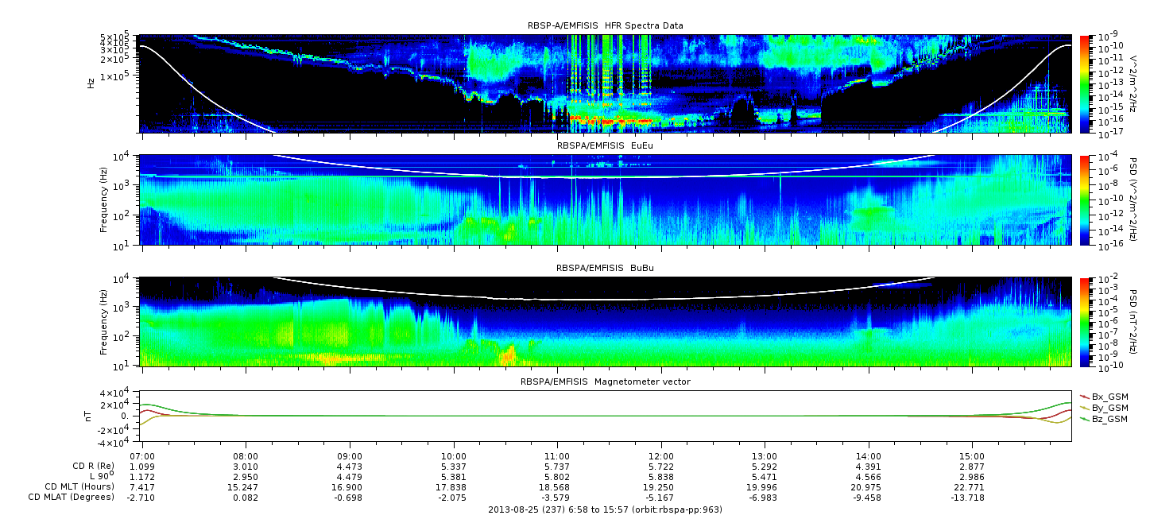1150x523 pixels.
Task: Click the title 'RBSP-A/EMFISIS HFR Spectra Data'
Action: click(606, 25)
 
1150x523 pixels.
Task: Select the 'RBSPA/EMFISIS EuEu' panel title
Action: click(605, 145)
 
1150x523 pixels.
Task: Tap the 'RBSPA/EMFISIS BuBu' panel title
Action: click(605, 268)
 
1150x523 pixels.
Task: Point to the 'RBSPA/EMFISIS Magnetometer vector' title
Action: click(606, 382)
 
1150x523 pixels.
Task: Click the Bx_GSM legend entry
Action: click(1105, 397)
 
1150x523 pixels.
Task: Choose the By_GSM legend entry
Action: click(1105, 408)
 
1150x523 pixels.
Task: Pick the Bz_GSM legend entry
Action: click(1105, 420)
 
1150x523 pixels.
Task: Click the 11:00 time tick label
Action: click(557, 456)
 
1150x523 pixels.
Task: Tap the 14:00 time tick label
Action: click(868, 456)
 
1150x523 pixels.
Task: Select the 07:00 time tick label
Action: click(142, 456)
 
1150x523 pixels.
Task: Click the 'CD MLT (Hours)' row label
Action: click(79, 486)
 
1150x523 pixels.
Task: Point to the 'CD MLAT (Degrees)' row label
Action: click(72, 497)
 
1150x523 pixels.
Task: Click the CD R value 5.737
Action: click(557, 467)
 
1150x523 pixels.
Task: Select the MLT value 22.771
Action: click(972, 487)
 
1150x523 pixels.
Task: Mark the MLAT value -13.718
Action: click(970, 498)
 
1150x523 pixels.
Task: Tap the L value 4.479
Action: click(350, 477)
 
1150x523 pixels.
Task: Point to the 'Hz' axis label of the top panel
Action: click(91, 83)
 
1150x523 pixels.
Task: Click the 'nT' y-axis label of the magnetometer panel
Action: click(88, 416)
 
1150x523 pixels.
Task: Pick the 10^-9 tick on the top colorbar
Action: click(1108, 37)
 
